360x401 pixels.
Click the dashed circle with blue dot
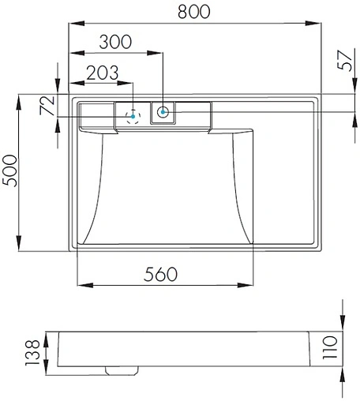pos(133,116)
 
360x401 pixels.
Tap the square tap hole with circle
pos(163,112)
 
